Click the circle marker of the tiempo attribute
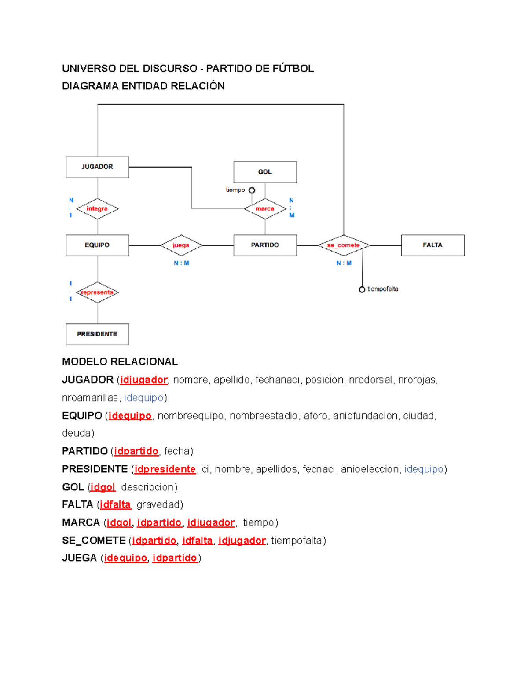252,190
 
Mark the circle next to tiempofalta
362,289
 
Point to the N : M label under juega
181,263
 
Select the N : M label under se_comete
344,263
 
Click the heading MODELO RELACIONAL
120,362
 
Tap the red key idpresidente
165,469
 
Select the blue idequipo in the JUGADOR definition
143,398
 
